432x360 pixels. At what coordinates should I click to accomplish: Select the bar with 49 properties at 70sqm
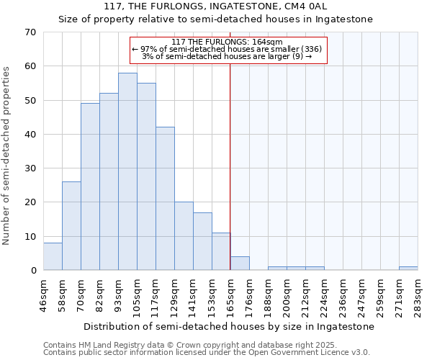[x=90, y=186]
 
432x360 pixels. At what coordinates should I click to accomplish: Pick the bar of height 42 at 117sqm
[x=165, y=199]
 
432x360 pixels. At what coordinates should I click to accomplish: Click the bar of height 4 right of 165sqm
[x=240, y=264]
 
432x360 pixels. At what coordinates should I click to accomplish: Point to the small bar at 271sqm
[x=408, y=269]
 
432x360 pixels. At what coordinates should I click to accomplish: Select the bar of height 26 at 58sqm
[x=71, y=226]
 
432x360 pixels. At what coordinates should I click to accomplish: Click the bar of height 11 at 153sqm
[x=221, y=251]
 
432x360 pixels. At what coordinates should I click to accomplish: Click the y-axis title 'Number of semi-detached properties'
[x=7, y=156]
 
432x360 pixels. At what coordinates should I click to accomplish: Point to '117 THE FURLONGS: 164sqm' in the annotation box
[x=228, y=42]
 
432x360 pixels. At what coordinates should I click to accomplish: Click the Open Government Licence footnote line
[x=207, y=353]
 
